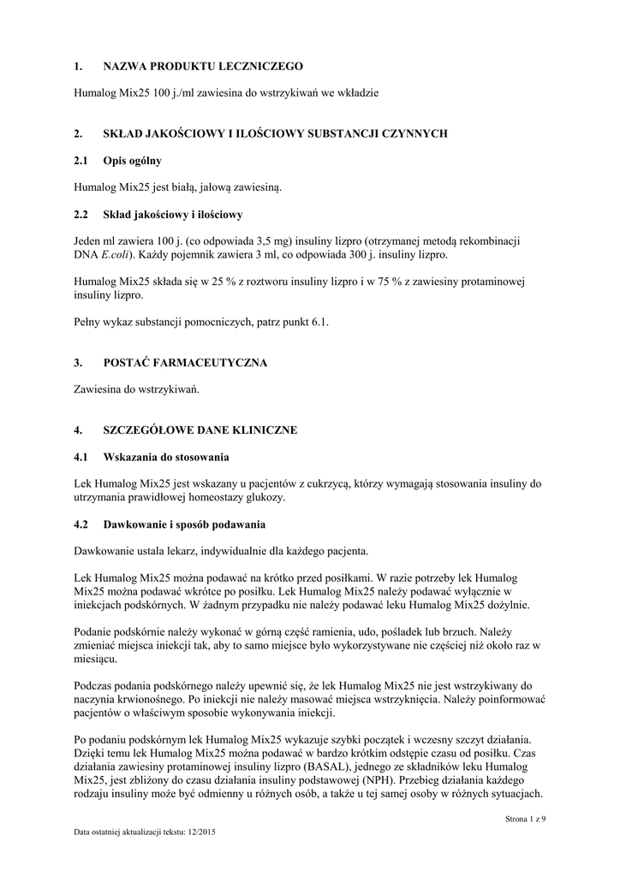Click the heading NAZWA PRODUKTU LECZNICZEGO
pos(203,65)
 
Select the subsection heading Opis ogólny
pos(133,160)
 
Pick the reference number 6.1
pos(319,322)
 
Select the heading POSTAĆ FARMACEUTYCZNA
pos(185,363)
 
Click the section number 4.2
pos(83,524)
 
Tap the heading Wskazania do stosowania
pos(166,457)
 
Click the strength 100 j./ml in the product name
pos(168,92)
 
